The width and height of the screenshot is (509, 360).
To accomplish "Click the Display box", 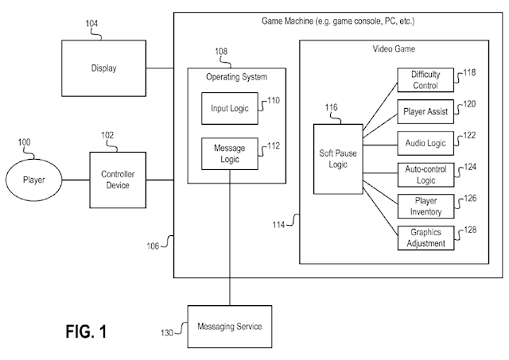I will (103, 68).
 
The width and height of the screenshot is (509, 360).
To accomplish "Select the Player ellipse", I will (33, 180).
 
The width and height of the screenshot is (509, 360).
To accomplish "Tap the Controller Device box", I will (117, 180).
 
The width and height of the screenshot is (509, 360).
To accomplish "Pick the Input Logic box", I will (230, 108).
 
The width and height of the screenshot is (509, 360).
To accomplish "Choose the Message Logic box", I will (230, 153).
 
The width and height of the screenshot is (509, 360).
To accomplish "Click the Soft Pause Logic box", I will (337, 159).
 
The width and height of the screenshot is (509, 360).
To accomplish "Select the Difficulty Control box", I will (425, 79).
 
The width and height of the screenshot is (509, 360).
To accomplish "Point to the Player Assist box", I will (425, 111).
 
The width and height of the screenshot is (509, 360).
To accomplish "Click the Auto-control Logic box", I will (425, 175).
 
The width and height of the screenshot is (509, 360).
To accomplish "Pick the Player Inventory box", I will (425, 206).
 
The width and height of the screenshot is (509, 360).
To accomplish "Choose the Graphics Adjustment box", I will (425, 238).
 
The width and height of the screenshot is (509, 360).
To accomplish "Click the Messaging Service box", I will (231, 326).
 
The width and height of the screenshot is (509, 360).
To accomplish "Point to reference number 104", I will (92, 25).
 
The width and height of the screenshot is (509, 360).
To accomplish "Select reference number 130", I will (167, 332).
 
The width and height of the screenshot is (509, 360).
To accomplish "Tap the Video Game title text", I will (394, 49).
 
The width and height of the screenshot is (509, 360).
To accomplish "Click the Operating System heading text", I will (236, 77).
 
